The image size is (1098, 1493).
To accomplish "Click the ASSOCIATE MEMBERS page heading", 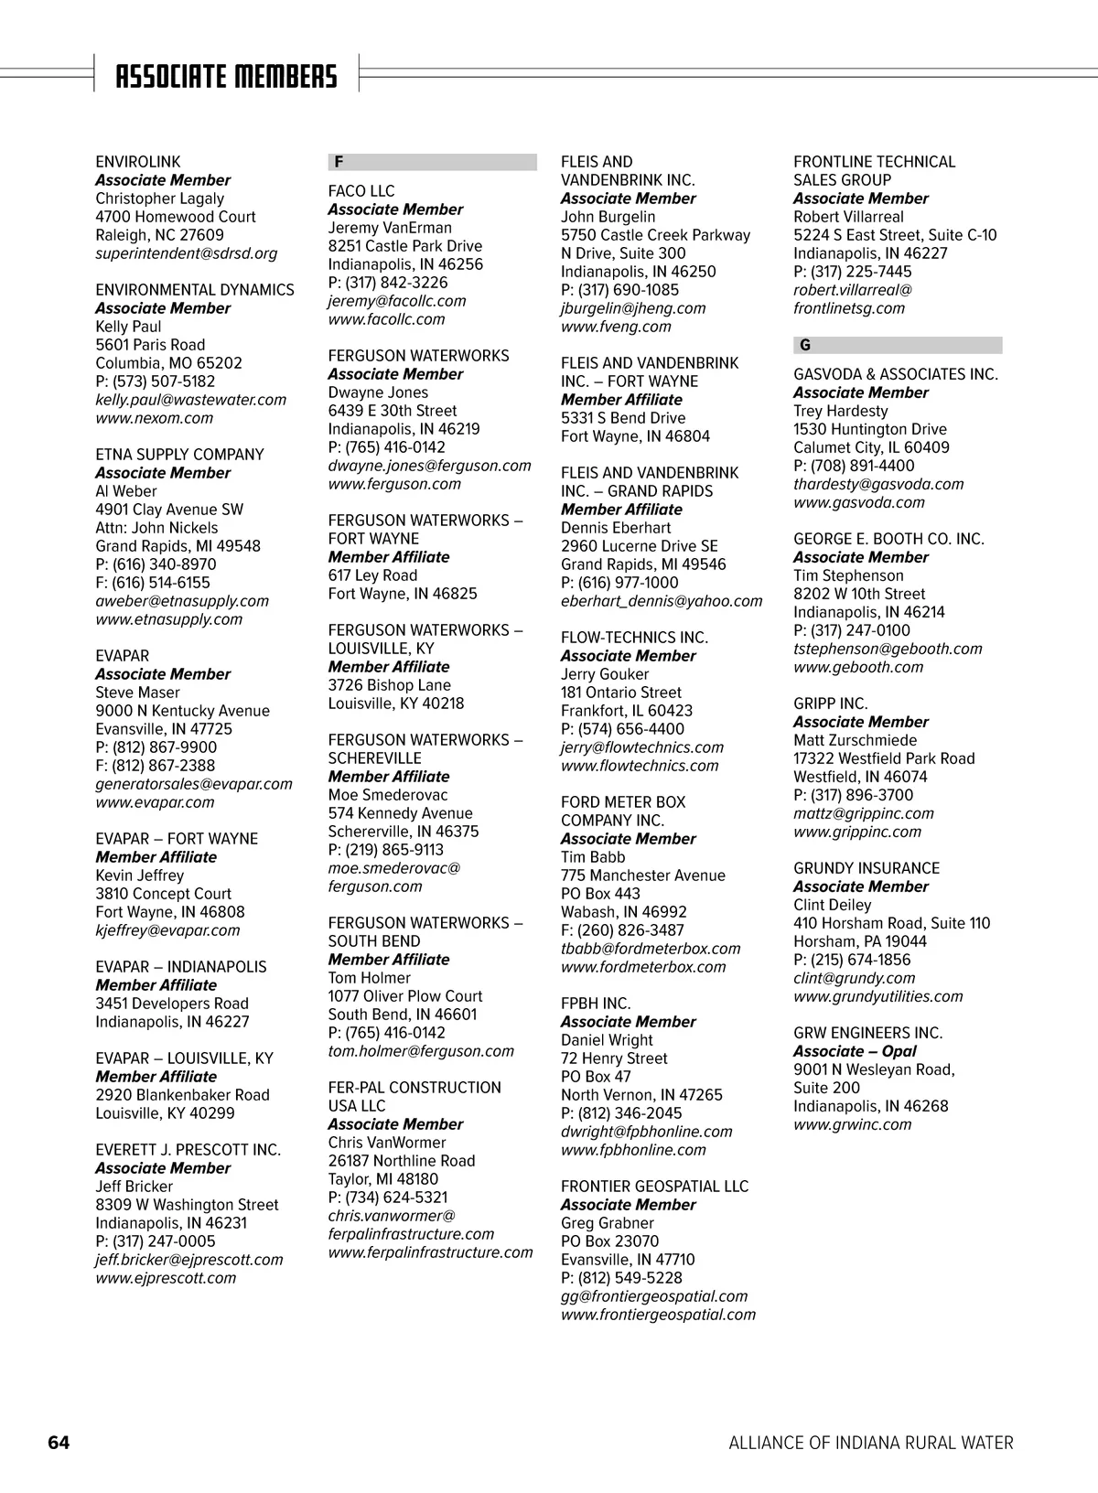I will click(x=226, y=77).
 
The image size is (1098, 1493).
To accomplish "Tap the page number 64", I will click(x=59, y=1443).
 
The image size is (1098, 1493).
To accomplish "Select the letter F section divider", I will click(x=432, y=162).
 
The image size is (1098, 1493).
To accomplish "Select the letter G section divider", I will click(x=897, y=345).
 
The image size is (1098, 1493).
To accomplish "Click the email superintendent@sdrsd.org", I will click(x=186, y=253).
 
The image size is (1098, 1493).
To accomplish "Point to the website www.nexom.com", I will click(x=154, y=418).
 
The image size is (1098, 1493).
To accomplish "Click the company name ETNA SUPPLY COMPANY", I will click(x=179, y=455).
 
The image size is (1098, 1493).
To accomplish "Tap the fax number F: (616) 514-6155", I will click(x=153, y=583).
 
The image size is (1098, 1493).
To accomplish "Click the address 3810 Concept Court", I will click(x=163, y=894).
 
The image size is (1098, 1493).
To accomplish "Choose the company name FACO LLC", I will click(x=361, y=191).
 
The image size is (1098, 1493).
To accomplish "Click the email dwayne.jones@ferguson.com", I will click(x=429, y=466).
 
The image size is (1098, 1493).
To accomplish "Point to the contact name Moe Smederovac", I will click(x=388, y=795).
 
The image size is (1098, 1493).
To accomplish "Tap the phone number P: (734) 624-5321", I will click(x=388, y=1198).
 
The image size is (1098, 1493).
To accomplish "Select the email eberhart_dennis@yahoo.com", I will click(x=661, y=601).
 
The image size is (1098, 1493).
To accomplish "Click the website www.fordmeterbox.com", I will click(x=643, y=967).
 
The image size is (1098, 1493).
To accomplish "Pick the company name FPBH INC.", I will click(x=596, y=1004).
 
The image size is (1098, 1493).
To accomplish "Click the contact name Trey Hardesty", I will click(x=840, y=411).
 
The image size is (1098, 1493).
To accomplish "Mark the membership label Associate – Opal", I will click(x=855, y=1051).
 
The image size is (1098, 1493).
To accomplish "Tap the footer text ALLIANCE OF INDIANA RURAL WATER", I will click(x=870, y=1443).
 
